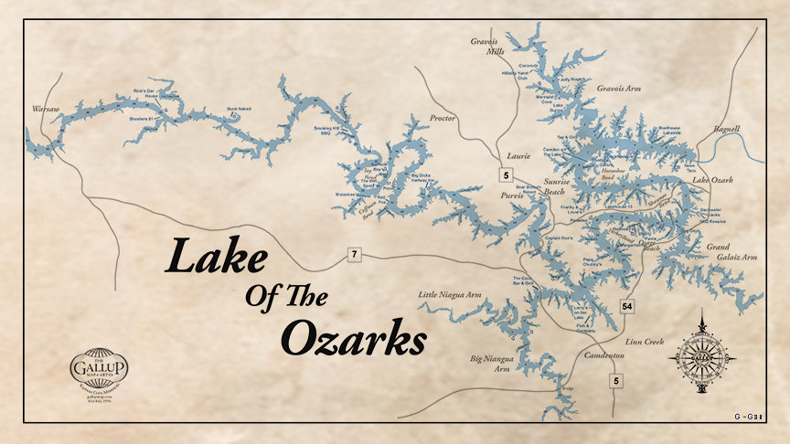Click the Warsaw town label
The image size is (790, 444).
[45, 110]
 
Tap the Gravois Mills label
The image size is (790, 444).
[487, 47]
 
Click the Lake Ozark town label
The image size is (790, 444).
[713, 181]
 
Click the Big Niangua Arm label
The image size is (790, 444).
[488, 365]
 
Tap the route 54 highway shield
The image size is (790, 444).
[627, 304]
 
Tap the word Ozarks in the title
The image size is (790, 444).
[353, 339]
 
